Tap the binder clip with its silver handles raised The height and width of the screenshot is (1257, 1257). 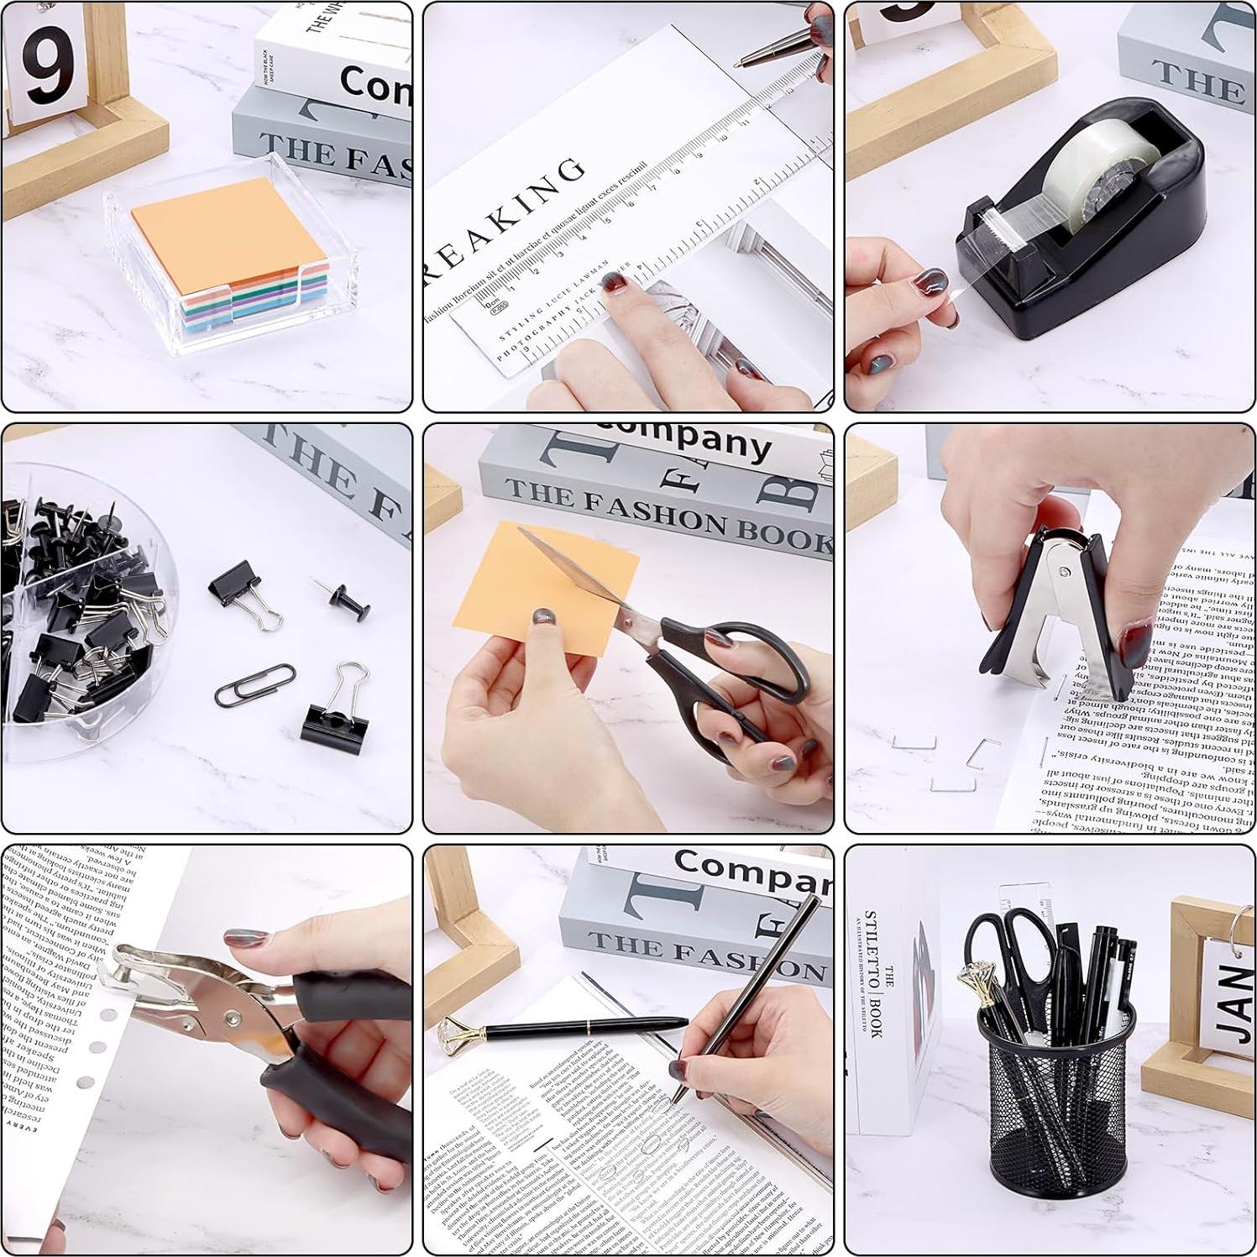(x=336, y=714)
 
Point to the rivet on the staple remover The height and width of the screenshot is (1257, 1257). (x=1065, y=573)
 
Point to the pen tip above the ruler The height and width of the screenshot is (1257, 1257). (x=739, y=63)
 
